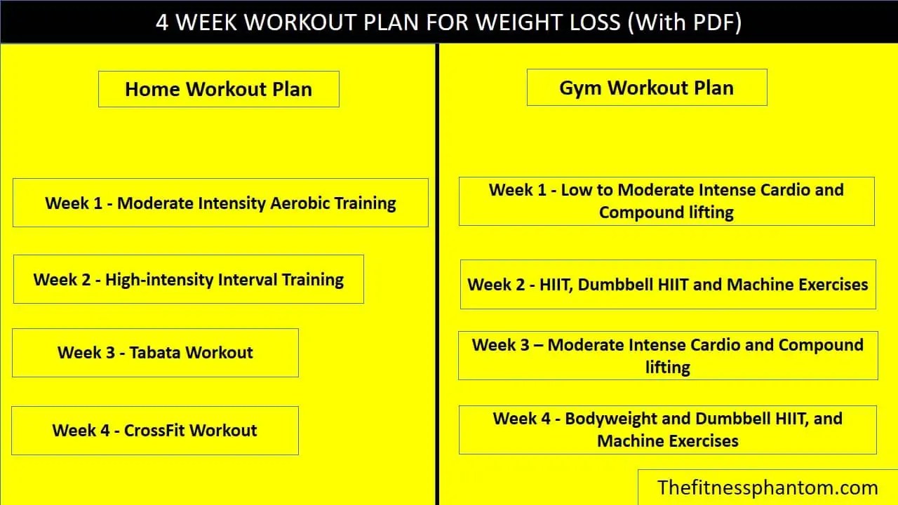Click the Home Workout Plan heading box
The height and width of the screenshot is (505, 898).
[218, 89]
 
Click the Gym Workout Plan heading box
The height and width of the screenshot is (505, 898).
[646, 88]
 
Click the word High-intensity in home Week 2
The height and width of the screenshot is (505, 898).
[159, 280]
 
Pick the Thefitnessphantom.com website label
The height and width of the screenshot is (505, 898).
[768, 487]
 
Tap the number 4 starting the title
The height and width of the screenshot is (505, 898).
[162, 22]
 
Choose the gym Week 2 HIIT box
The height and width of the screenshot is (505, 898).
[667, 284]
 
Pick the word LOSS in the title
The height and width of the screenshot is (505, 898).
[589, 22]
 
